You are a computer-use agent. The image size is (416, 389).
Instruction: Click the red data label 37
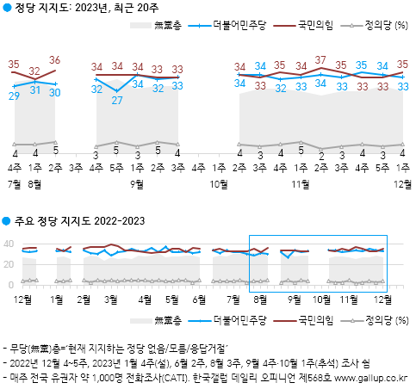[x=320, y=60]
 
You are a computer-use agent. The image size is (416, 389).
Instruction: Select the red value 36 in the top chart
[x=56, y=60]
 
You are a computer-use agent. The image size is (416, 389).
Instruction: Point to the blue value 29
[x=15, y=96]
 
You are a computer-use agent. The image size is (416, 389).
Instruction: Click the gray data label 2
[x=320, y=156]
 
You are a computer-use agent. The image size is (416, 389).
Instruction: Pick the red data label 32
[x=35, y=71]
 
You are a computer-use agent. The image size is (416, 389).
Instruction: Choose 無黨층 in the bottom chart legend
[x=168, y=321]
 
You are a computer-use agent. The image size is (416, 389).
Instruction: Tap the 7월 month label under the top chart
[x=15, y=184]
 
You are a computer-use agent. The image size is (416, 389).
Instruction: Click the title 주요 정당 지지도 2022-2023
[x=79, y=221]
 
